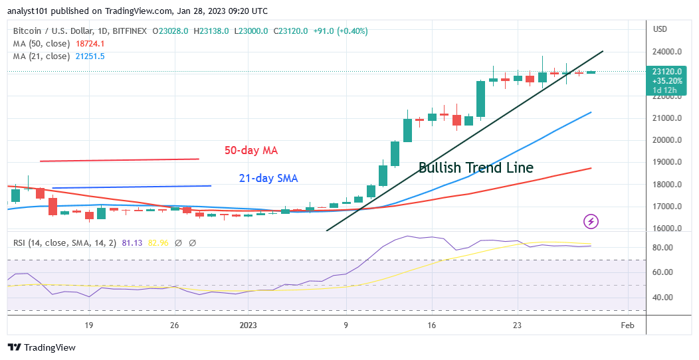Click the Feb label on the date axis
[627, 325]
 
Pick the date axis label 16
[431, 325]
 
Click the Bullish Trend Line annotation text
[476, 167]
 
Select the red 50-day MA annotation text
[250, 151]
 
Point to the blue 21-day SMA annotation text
[268, 178]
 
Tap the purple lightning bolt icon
[591, 221]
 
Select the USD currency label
[660, 29]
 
